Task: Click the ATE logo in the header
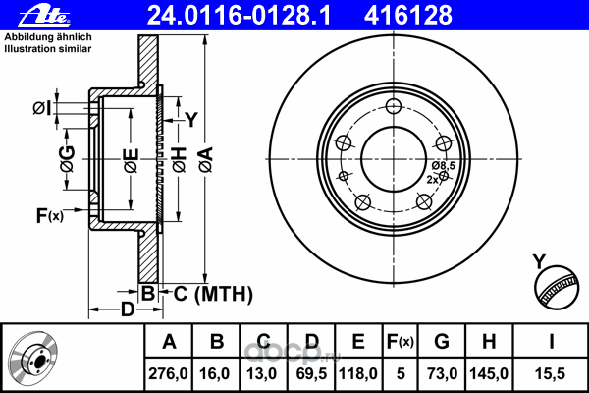[44, 16]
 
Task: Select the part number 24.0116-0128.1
[239, 16]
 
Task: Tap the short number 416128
[408, 16]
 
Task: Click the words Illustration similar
[48, 49]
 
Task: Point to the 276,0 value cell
[168, 373]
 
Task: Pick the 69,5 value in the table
[312, 373]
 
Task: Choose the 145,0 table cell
[489, 373]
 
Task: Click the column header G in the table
[442, 342]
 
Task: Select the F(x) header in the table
[401, 342]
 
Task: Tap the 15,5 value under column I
[550, 373]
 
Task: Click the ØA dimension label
[206, 160]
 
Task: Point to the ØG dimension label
[68, 159]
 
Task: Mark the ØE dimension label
[132, 161]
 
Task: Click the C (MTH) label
[213, 294]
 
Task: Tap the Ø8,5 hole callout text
[444, 165]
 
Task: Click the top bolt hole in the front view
[394, 106]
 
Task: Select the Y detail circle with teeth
[557, 287]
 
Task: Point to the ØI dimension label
[42, 108]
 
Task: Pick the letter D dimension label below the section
[128, 309]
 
